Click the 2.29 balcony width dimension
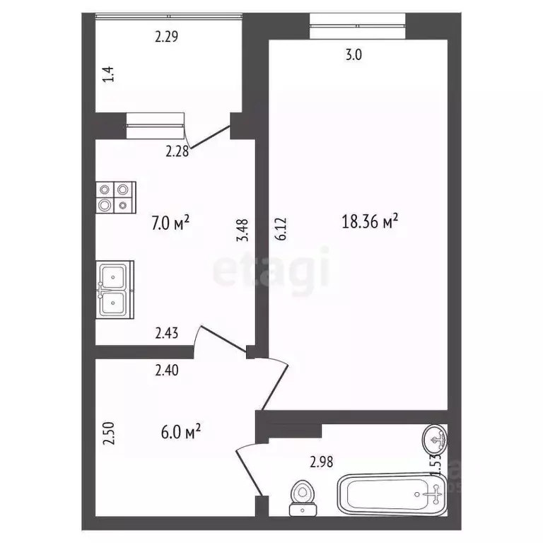pos(166,37)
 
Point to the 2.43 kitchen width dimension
pos(168,331)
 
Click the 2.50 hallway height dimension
pos(108,433)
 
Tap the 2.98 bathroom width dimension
pos(322,463)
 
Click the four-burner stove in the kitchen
pos(116,197)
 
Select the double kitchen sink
pos(115,291)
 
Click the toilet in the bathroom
pos(303,496)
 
